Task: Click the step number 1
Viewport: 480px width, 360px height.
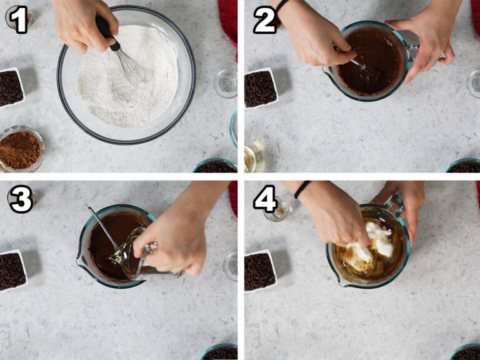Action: tap(19, 19)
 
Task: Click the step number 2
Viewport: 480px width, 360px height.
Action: tap(265, 20)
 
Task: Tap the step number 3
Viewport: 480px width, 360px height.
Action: tap(21, 199)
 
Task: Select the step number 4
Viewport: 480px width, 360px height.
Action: tap(266, 199)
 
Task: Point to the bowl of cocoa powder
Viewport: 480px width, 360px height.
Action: tap(21, 149)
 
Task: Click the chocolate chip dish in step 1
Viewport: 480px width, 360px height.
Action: tap(11, 88)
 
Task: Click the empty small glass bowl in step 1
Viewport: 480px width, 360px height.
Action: tap(225, 83)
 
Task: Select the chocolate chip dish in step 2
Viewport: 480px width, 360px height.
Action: tap(261, 88)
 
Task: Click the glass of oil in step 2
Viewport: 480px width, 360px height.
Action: tap(254, 156)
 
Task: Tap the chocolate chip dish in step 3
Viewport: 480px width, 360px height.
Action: tap(13, 270)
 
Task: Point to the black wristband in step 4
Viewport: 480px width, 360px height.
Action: tap(302, 189)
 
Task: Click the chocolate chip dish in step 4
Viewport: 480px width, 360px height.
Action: tap(261, 270)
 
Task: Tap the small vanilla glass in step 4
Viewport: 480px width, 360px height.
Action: tap(278, 209)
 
